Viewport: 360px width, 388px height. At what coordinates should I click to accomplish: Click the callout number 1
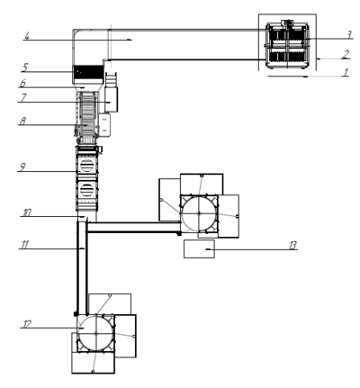346,72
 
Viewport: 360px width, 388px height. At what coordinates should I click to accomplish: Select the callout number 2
346,54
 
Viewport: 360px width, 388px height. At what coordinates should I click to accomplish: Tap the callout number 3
349,35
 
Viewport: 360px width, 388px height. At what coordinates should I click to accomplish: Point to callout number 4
27,36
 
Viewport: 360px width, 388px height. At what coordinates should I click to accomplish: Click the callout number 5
25,68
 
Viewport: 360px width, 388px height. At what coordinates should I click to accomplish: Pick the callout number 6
22,84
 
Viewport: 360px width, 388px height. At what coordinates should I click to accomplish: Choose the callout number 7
23,98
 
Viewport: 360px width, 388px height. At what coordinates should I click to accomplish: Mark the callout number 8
22,121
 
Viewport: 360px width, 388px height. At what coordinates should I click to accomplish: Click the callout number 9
22,167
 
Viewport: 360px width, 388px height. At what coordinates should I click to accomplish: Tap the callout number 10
27,212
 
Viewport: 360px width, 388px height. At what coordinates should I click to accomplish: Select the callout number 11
24,245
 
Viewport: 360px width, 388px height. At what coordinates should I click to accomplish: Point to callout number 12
27,324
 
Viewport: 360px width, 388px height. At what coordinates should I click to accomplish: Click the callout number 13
292,246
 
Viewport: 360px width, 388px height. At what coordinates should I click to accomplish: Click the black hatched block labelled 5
88,72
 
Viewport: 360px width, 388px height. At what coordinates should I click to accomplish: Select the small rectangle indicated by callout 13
199,248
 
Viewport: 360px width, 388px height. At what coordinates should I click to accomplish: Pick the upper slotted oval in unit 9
87,166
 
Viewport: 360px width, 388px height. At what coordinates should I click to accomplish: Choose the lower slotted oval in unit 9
87,190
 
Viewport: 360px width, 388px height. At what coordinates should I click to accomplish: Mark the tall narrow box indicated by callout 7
112,100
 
